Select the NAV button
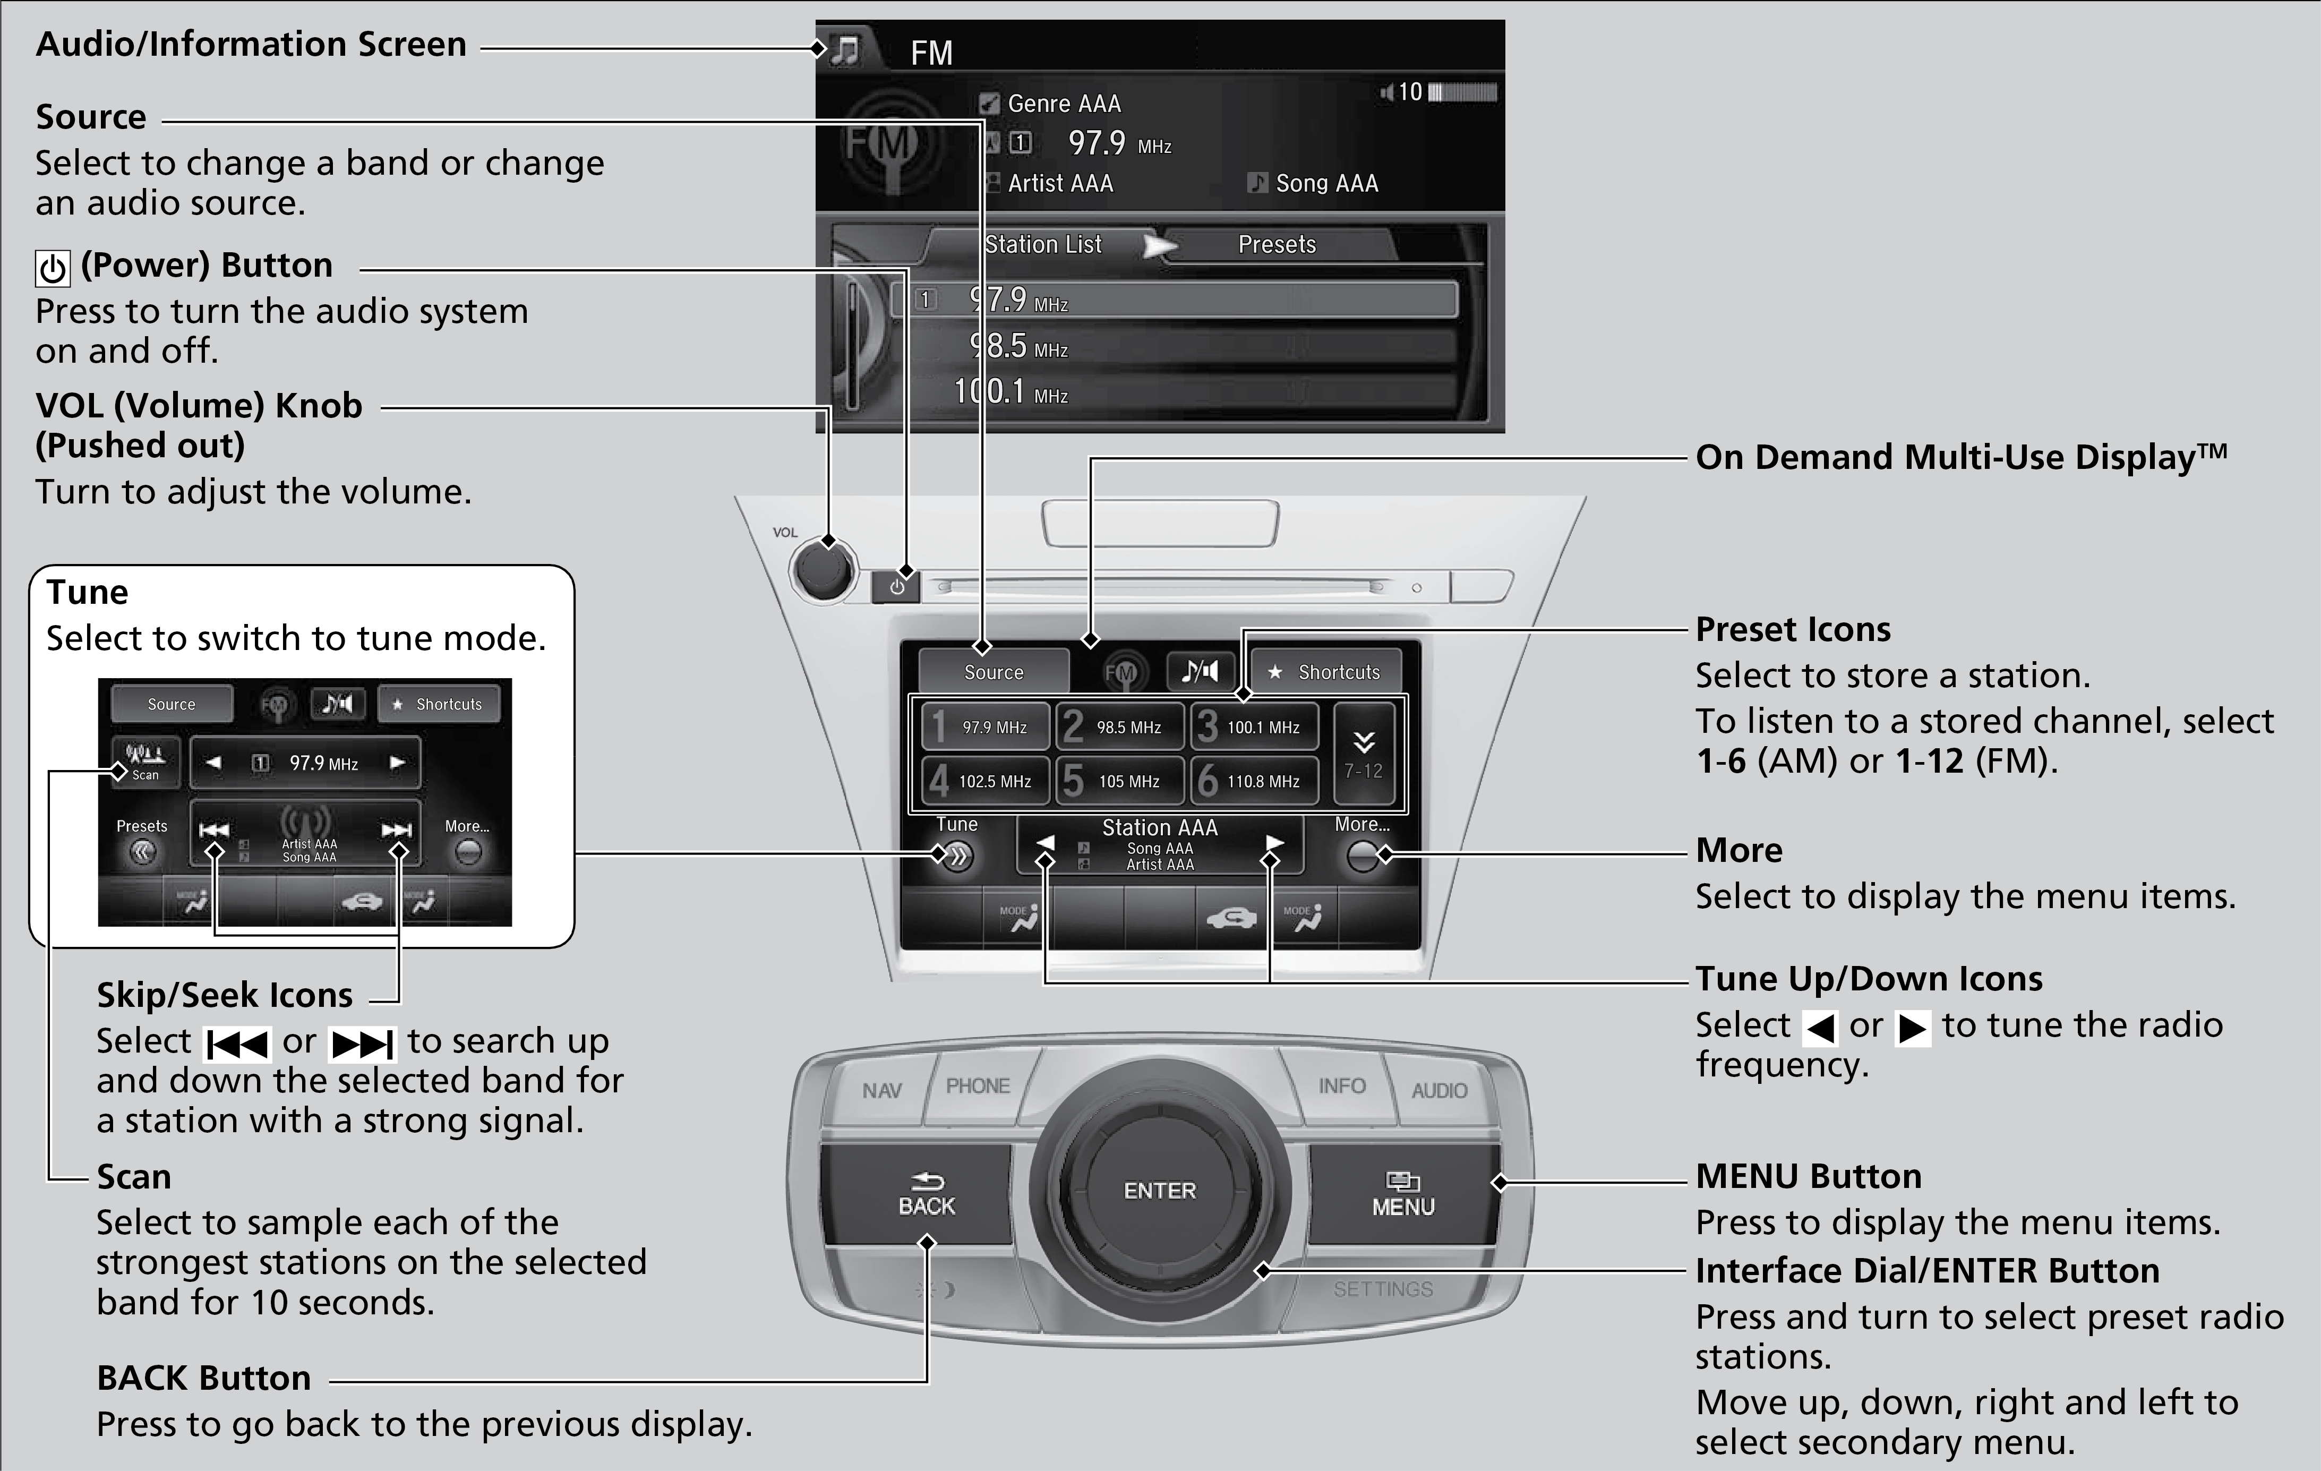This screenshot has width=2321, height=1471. tap(881, 1090)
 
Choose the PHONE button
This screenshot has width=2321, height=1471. tap(978, 1087)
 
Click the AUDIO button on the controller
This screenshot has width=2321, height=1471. tap(1439, 1090)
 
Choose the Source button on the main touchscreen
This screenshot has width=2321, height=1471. tap(994, 672)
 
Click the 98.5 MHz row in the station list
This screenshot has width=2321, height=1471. tap(1176, 346)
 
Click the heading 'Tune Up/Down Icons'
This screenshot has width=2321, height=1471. tap(1868, 978)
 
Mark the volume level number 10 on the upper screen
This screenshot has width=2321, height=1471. tap(1410, 92)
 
